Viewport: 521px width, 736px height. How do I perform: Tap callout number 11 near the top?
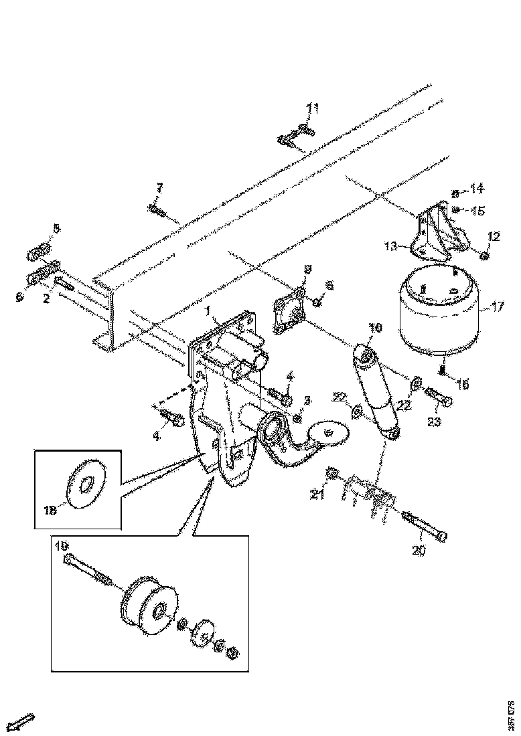[313, 108]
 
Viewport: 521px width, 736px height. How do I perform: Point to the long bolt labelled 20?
[426, 528]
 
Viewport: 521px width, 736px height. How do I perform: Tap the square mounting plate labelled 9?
[289, 310]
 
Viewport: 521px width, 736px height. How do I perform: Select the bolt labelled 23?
[438, 399]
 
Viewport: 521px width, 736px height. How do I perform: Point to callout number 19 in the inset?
[64, 546]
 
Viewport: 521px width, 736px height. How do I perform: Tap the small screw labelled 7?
[155, 211]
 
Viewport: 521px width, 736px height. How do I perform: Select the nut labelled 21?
[330, 475]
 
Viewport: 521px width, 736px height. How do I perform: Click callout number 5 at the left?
[56, 228]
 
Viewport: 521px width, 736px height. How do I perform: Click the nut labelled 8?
[317, 302]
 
